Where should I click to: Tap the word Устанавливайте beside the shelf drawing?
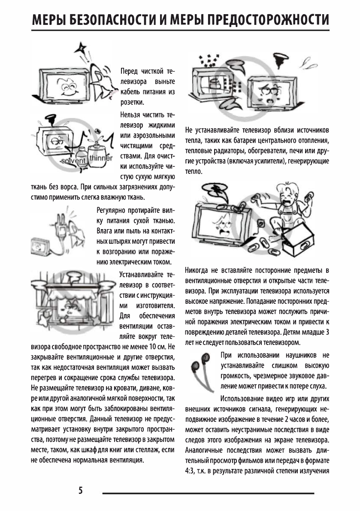pos(141,274)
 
